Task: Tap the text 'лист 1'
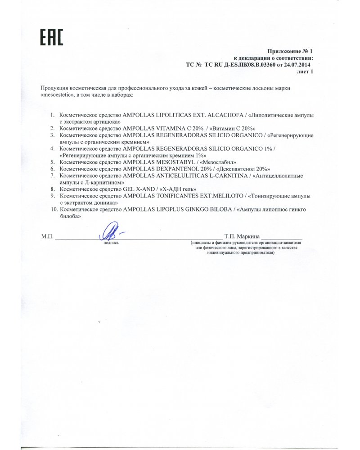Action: coord(304,71)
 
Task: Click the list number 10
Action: coord(54,209)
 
